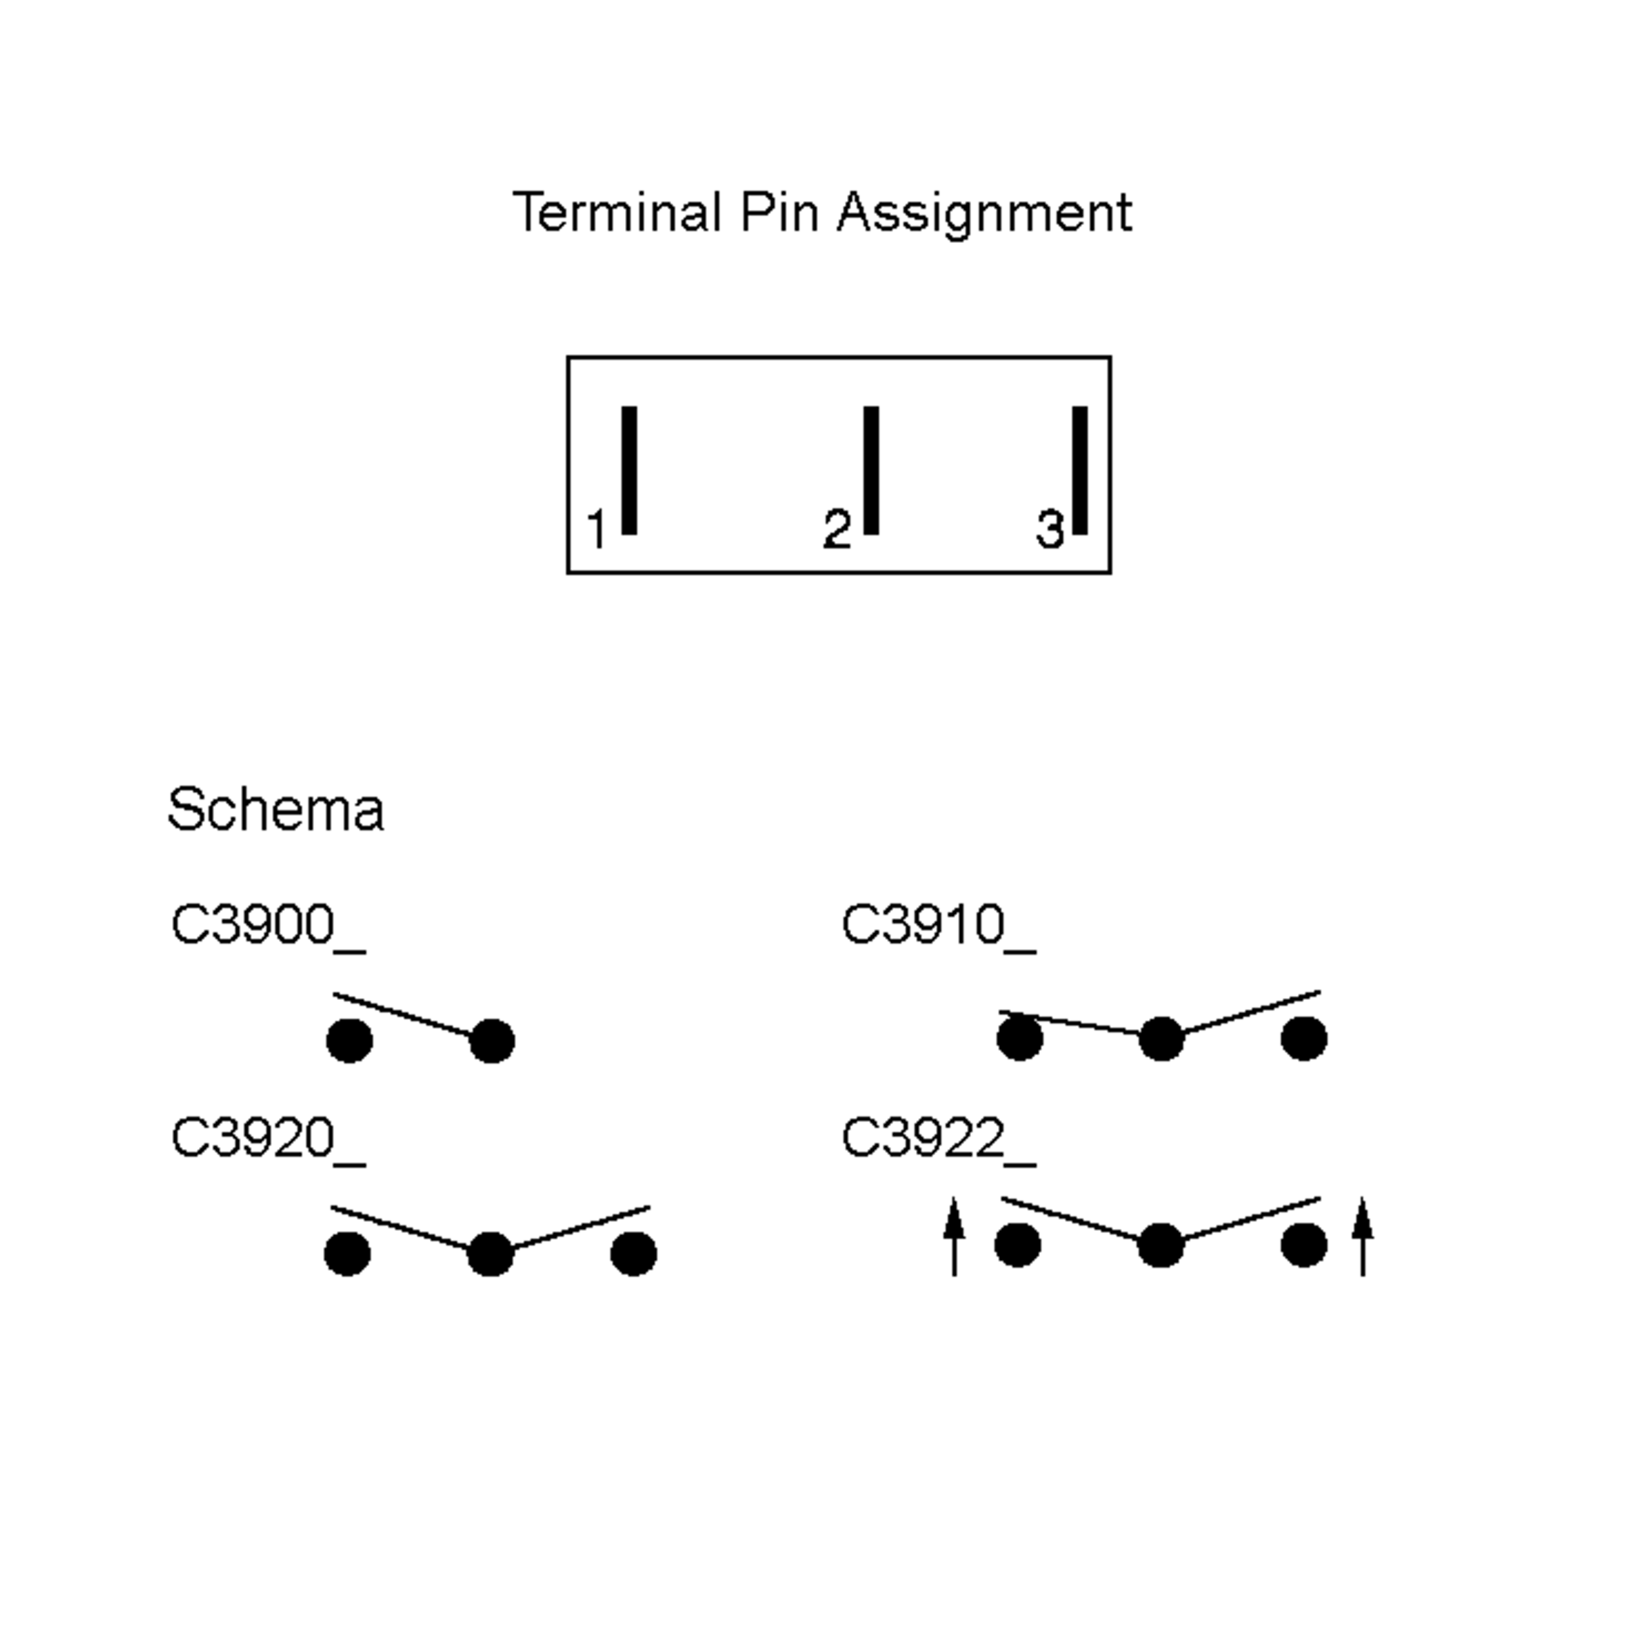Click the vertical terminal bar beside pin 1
tap(629, 469)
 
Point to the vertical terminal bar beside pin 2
tap(871, 469)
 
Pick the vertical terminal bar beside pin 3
tap(1080, 469)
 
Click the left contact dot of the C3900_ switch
tap(349, 1041)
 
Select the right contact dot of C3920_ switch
tap(633, 1254)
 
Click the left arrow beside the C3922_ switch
tap(954, 1237)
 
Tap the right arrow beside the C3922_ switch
tap(1362, 1237)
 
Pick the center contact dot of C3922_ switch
tap(1161, 1246)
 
